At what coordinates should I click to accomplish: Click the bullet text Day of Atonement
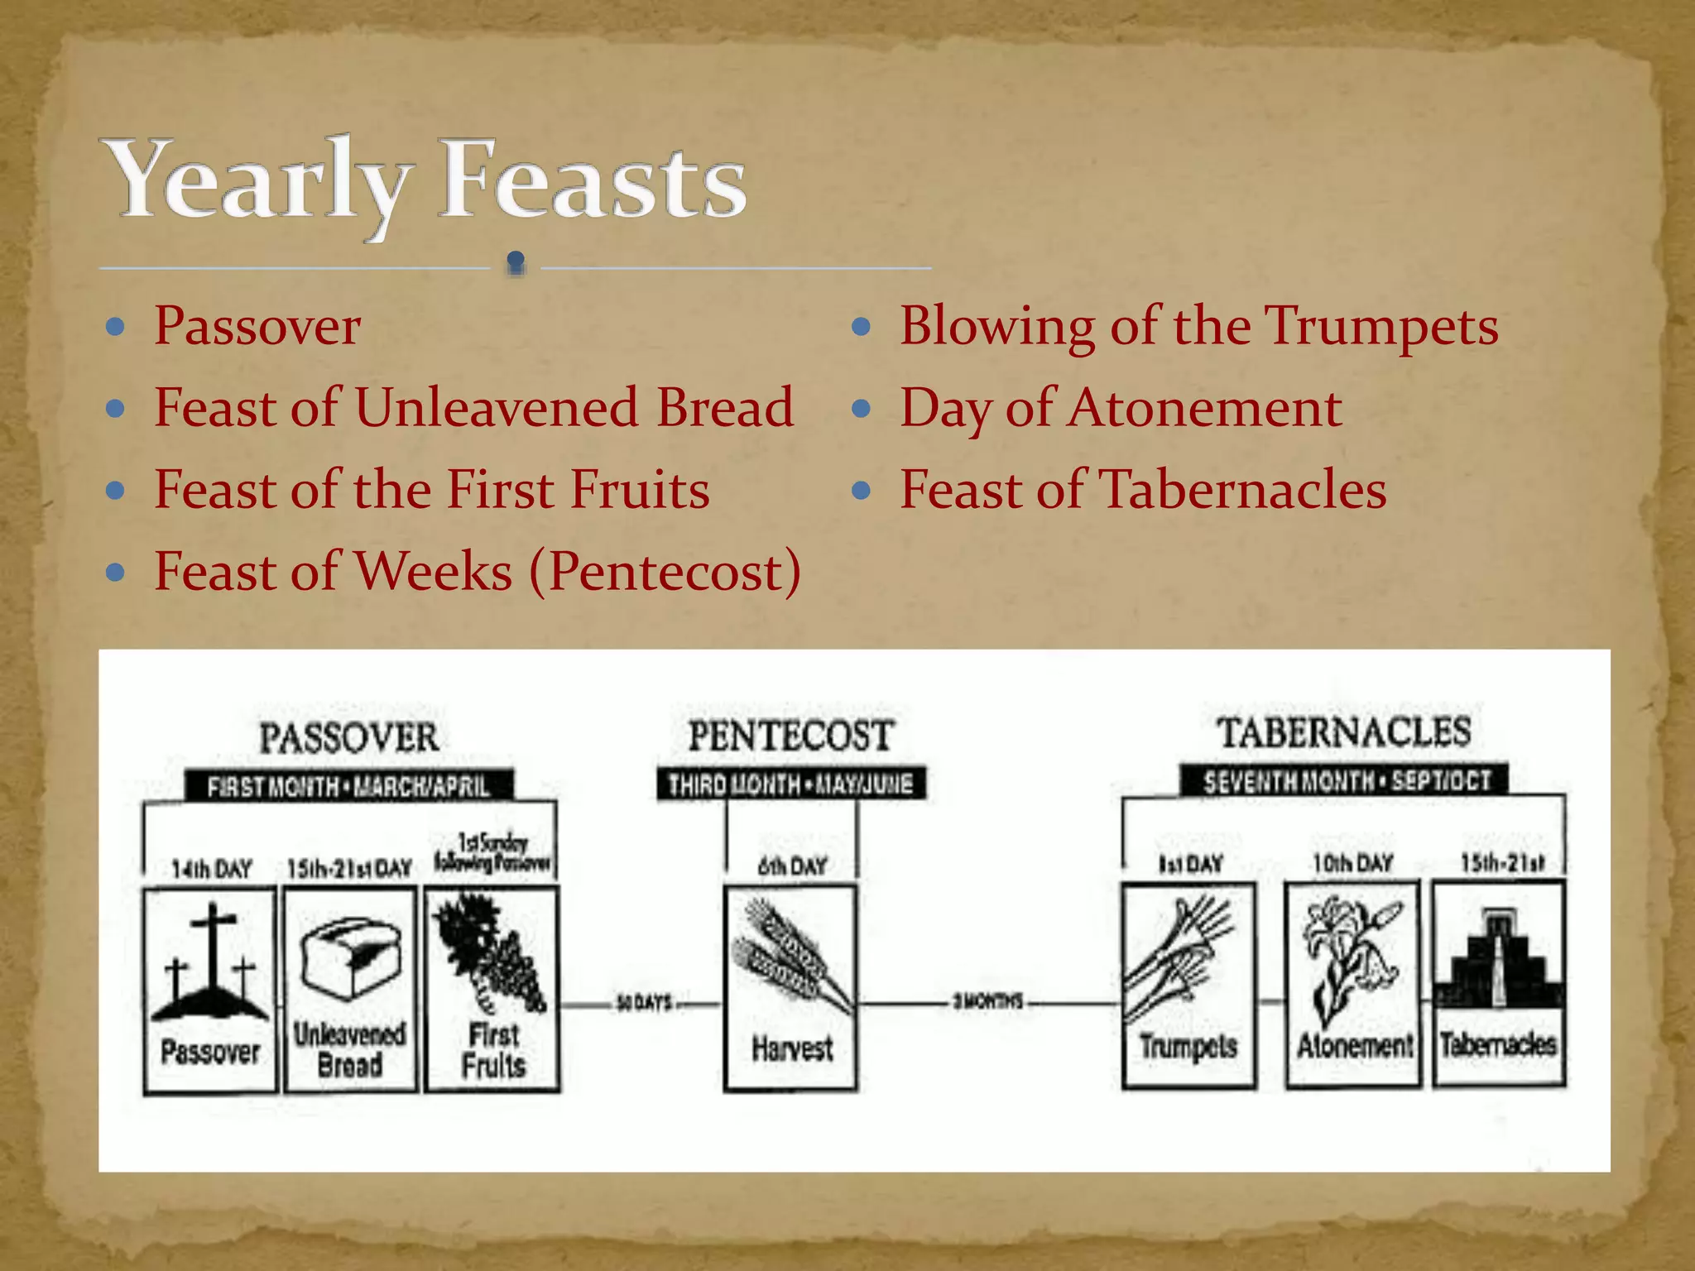(x=1121, y=408)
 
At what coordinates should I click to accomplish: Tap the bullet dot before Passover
(x=116, y=327)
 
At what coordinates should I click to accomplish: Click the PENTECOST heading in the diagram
(x=791, y=736)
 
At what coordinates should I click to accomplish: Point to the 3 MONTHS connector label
(x=987, y=1002)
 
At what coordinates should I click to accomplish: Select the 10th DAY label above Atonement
(x=1352, y=864)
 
